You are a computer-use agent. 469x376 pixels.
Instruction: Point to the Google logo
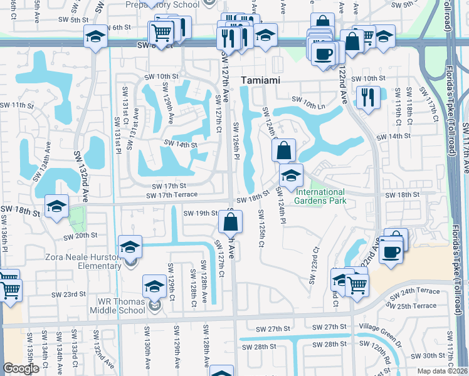[x=21, y=368]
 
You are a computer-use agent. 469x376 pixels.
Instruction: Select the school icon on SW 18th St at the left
[x=56, y=205]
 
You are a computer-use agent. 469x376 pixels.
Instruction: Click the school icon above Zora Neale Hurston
[x=130, y=246]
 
